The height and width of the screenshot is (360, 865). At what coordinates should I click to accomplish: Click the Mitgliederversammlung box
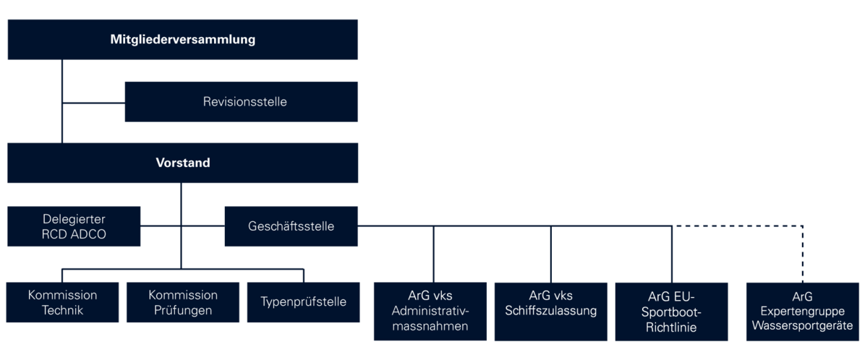(182, 40)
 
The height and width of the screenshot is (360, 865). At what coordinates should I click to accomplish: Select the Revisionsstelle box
(241, 102)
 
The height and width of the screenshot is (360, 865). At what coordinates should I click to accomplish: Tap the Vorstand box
(182, 163)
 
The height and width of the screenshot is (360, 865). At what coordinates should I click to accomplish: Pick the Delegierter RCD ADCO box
(74, 226)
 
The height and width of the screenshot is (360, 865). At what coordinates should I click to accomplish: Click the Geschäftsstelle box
(291, 226)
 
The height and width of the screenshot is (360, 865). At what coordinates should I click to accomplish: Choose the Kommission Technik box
(62, 302)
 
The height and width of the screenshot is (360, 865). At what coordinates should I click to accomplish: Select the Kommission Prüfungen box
(183, 302)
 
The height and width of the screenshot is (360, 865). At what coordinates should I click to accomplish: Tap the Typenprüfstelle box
(304, 302)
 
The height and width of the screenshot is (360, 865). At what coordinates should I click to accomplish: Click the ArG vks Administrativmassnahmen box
(430, 312)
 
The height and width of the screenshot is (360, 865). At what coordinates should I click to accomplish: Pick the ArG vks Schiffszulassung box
(550, 312)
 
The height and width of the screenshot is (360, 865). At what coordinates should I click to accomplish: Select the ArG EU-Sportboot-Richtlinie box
(671, 312)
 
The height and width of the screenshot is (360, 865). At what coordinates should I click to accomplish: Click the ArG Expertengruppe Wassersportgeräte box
(803, 312)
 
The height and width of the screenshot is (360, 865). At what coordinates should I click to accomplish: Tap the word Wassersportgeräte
(803, 325)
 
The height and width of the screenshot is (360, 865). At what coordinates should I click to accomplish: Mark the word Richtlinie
(671, 327)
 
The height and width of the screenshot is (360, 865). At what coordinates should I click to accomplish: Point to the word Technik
(62, 310)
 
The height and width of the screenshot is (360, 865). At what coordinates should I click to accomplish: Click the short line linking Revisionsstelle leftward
(94, 103)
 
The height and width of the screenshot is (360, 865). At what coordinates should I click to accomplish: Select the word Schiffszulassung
(550, 311)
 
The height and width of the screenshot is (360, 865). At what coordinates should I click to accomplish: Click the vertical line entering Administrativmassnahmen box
(434, 254)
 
